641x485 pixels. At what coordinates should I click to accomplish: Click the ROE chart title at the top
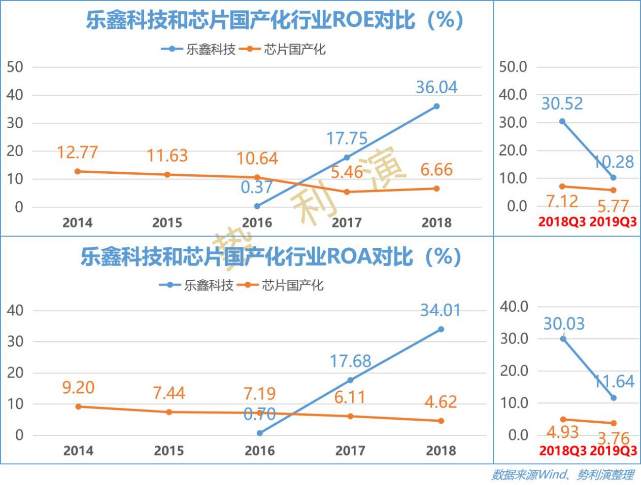[x=274, y=21]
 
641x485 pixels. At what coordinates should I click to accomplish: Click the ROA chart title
[x=271, y=257]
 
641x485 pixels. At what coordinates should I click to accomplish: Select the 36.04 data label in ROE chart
[x=436, y=87]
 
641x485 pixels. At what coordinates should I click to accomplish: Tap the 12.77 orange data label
[x=77, y=152]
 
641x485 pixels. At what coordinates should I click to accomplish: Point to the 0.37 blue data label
[x=257, y=188]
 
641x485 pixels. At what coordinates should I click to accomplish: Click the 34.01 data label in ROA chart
[x=440, y=310]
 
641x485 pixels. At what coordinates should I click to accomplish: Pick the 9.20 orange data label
[x=78, y=388]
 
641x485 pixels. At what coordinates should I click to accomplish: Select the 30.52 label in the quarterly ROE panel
[x=562, y=103]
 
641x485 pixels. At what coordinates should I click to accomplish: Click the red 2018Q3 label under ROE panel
[x=562, y=222]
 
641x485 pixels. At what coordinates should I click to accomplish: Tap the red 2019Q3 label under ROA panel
[x=614, y=451]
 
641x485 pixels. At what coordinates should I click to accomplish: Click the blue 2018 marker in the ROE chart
[x=436, y=106]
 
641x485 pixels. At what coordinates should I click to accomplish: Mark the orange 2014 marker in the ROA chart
[x=78, y=406]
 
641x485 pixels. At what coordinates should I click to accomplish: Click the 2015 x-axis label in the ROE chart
[x=167, y=222]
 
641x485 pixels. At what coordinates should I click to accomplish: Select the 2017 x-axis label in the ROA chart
[x=350, y=451]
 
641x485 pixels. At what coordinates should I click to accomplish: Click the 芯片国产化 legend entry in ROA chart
[x=292, y=285]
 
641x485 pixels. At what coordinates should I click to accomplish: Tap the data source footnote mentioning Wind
[x=562, y=474]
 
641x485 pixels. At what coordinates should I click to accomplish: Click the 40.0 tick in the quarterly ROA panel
[x=514, y=306]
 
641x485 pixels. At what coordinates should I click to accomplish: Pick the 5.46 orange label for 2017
[x=347, y=172]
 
